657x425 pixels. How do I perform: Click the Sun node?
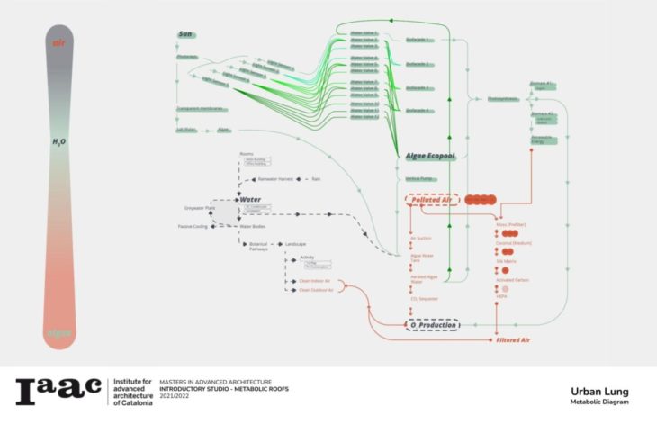(x=186, y=34)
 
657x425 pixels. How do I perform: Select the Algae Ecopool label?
(x=429, y=156)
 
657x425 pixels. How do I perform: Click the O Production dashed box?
(x=432, y=325)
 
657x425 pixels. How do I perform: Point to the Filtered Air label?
(x=513, y=340)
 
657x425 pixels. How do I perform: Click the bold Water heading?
(x=249, y=199)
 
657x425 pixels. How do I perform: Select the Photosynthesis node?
(x=503, y=98)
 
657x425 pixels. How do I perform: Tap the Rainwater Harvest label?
(x=274, y=179)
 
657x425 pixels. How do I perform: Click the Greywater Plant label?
(x=200, y=209)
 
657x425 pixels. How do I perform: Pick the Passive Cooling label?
(x=193, y=226)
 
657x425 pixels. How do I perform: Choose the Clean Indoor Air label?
(x=317, y=281)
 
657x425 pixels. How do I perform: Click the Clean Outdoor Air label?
(x=317, y=291)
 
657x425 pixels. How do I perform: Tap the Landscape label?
(x=298, y=244)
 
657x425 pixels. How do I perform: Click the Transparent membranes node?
(x=201, y=110)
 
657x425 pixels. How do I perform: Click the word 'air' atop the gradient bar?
(x=59, y=42)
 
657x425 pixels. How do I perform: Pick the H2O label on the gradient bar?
(x=59, y=142)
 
